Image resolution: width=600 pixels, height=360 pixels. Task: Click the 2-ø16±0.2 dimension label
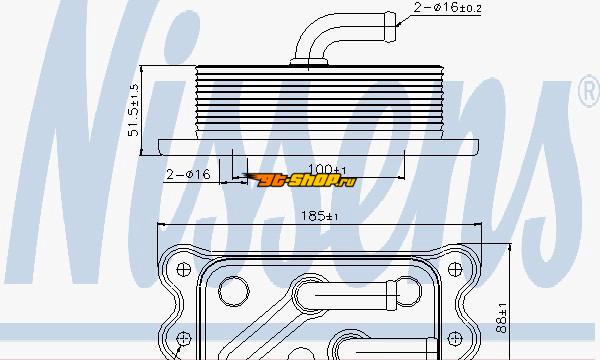(447, 7)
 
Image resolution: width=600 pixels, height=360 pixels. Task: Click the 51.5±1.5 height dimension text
(133, 110)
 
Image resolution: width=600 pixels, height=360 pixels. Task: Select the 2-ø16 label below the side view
(188, 174)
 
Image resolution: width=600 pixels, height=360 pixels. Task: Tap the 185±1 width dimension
(320, 216)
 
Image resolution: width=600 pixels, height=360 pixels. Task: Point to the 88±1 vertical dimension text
(501, 318)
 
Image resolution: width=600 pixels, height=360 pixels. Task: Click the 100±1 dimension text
(327, 169)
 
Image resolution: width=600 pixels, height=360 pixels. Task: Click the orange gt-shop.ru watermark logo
(299, 180)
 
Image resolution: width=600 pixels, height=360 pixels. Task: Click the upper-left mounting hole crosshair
(184, 269)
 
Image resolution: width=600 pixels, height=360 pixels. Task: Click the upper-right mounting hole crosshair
(455, 269)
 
